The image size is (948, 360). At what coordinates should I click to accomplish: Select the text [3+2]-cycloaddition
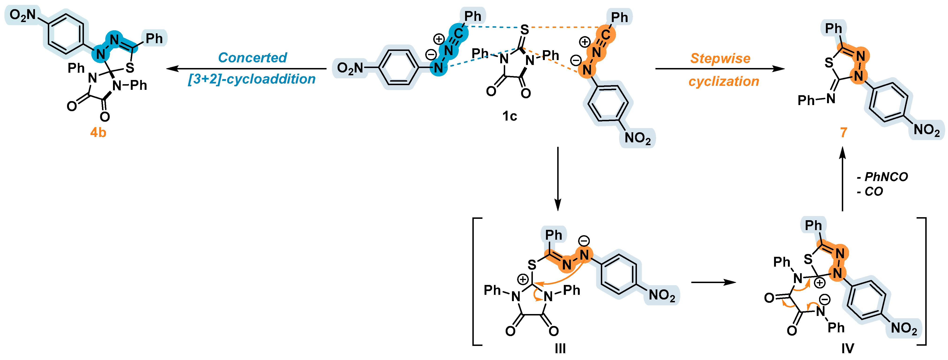point(252,79)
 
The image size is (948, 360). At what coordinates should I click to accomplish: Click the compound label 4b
point(98,132)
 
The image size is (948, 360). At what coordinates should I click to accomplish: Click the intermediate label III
point(560,348)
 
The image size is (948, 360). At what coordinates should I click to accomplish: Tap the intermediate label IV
point(847,348)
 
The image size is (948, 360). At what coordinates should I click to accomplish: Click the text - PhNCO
point(882,177)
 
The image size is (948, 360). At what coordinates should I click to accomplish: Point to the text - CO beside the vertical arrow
point(870,191)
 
